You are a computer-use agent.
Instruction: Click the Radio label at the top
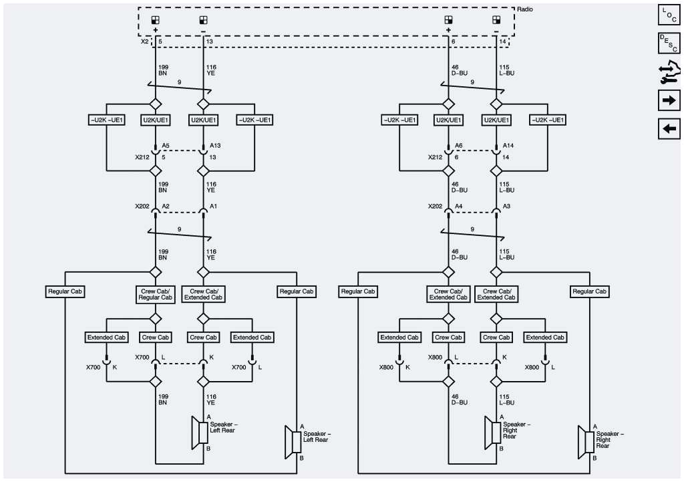click(525, 9)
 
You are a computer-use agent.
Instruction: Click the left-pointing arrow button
click(669, 127)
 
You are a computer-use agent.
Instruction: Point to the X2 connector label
click(145, 41)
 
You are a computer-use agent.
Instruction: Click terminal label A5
click(166, 145)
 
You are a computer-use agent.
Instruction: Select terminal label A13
click(215, 145)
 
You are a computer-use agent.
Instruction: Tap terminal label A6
click(458, 145)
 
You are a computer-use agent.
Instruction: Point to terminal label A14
click(508, 145)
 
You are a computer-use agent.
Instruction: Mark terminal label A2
click(165, 207)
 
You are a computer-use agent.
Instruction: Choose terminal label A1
click(213, 207)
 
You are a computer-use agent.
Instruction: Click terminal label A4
click(458, 207)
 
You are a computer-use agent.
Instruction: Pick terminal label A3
click(506, 207)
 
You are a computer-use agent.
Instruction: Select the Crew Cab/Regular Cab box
click(156, 294)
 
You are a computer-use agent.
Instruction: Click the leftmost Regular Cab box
click(65, 291)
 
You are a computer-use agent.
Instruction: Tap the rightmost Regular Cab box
click(589, 291)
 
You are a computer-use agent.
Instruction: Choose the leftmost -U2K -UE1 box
click(107, 120)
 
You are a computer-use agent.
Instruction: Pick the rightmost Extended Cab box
click(545, 338)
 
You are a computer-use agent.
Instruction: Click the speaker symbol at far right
click(584, 441)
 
